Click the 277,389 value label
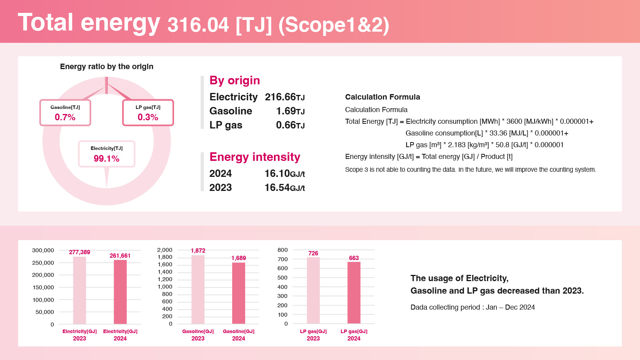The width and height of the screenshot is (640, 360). point(80,252)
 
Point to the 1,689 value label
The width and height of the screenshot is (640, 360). point(238,258)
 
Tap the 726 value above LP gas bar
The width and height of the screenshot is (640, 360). point(313,253)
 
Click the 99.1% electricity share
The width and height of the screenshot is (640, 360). point(107,159)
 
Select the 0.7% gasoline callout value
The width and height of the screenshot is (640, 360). point(65,117)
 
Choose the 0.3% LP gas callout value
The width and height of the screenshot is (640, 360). point(148,117)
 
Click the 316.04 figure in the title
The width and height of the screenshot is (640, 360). point(198,25)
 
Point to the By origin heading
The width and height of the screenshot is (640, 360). point(235,80)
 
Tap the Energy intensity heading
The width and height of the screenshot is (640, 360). point(255,157)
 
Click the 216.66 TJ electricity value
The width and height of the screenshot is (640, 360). point(284,97)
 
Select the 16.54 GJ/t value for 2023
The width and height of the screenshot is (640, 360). point(284,187)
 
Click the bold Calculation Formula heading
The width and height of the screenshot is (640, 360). point(382,97)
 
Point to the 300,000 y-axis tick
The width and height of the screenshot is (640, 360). point(43,250)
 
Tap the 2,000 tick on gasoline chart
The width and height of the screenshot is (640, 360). point(164,250)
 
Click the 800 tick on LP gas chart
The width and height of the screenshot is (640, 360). point(283,250)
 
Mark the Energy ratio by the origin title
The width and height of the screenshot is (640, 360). point(107,66)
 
